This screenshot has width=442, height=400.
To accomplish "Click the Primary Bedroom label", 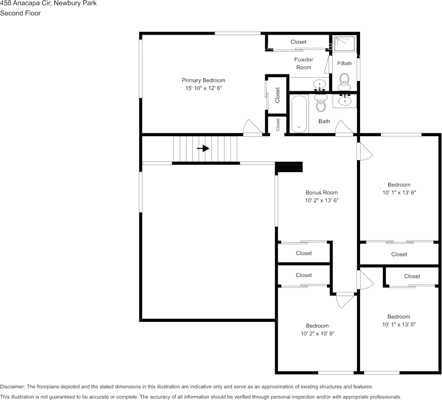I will tap(203, 80).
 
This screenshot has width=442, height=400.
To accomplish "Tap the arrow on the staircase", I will tap(203, 148).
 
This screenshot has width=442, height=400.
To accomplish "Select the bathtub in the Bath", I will tap(299, 114).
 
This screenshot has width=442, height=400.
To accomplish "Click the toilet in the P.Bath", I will tap(344, 79).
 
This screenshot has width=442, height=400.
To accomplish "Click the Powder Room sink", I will tap(319, 85).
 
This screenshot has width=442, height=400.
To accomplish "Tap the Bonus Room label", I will tap(322, 193).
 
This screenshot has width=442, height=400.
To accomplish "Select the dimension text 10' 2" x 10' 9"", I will tap(317, 334).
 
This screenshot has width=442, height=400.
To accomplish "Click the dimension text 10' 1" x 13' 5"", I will tap(399, 325).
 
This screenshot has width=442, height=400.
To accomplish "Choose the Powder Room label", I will tap(303, 63).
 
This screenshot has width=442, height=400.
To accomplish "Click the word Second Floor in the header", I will tap(20, 13).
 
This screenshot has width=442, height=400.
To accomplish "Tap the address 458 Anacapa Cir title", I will tap(48, 3).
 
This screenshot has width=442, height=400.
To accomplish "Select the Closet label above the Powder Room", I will tap(298, 42).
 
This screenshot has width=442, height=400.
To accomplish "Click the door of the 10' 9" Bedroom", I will tap(344, 300).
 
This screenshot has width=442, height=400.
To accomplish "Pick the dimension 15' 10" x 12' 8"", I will tap(203, 88).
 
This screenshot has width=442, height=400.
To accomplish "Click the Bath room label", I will tap(324, 121).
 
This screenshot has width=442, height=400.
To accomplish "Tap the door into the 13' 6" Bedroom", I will tap(364, 151).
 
